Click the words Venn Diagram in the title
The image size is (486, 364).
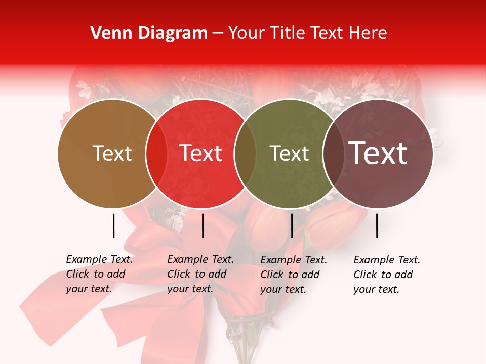coord(148,33)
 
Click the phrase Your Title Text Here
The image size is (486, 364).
coord(307,33)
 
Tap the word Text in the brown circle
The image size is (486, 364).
coord(112,153)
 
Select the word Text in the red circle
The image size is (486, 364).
coord(201,153)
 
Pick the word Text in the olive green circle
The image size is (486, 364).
coord(289,153)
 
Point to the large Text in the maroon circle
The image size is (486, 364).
coord(378,153)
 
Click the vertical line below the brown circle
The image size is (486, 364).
coord(113,225)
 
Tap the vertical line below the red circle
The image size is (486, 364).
coord(202,225)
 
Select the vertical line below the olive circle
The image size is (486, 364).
coord(292,225)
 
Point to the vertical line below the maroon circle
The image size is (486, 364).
coord(377,225)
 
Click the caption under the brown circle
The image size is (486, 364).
coord(99,274)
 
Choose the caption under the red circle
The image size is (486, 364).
coord(200,274)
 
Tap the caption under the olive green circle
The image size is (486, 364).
coord(294,275)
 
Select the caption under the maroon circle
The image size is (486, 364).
coord(387,275)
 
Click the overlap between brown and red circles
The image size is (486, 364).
coord(156,153)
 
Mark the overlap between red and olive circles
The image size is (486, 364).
coord(245,153)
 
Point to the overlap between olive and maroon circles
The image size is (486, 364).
coord(333,153)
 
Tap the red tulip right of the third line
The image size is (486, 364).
coord(334,227)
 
